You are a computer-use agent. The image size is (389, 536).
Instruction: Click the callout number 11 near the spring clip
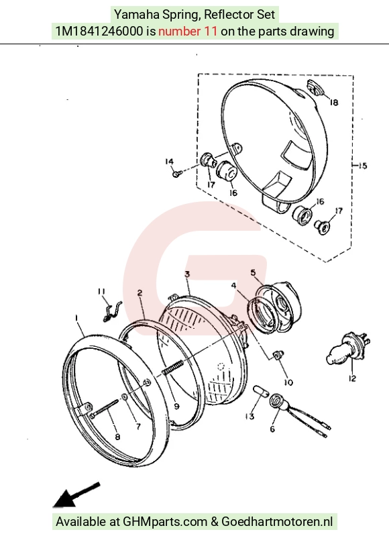click(x=101, y=291)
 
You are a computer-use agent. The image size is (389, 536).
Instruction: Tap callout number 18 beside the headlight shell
click(x=333, y=102)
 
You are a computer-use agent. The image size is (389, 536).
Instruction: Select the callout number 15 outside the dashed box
click(x=362, y=166)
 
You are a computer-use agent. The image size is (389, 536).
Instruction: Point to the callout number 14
click(x=169, y=162)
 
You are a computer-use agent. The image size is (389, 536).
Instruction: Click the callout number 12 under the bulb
click(x=352, y=378)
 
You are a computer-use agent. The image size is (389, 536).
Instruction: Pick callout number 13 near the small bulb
click(x=250, y=417)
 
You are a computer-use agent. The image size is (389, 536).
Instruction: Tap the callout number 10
click(x=289, y=382)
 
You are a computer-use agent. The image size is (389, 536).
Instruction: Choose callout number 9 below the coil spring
click(x=176, y=406)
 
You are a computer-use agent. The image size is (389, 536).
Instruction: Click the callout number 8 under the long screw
click(x=117, y=437)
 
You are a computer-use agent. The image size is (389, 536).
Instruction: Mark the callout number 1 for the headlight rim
click(x=76, y=318)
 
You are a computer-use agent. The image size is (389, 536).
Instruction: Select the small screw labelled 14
click(x=176, y=174)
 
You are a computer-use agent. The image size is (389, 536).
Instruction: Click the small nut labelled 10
click(x=278, y=355)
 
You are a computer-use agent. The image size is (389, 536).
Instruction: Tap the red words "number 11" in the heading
click(x=188, y=32)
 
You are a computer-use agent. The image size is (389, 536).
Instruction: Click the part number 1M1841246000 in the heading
click(x=99, y=32)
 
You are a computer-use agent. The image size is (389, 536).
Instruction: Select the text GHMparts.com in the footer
click(x=165, y=522)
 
